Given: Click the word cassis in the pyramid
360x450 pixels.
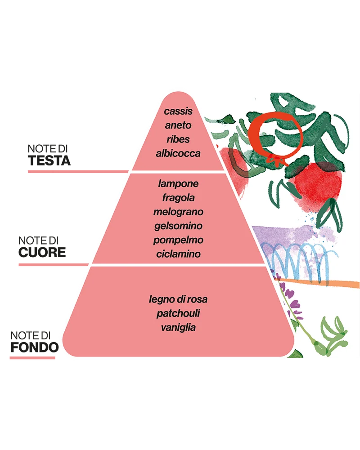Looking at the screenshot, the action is [x=178, y=111].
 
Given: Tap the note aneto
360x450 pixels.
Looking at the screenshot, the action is [x=178, y=125].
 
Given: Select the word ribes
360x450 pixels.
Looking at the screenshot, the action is [x=178, y=139].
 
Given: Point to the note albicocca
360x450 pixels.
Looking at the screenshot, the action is [x=178, y=153].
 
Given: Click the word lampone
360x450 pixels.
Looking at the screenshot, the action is [x=178, y=184].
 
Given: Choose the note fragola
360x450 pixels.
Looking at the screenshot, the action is [x=178, y=198].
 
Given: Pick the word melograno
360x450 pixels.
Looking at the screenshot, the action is [x=178, y=212].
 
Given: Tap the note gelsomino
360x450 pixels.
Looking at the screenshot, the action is [x=178, y=226].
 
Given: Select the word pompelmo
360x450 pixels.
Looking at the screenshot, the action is [x=178, y=240].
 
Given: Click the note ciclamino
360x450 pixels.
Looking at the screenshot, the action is [x=178, y=254].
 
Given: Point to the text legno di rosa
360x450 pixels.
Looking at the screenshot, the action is [x=178, y=299].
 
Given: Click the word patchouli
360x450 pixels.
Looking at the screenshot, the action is [x=178, y=313].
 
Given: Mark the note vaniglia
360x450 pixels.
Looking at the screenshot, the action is [x=178, y=327].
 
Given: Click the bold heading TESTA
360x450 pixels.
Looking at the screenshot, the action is [x=49, y=161].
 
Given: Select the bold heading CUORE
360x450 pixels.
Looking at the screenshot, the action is [x=42, y=253].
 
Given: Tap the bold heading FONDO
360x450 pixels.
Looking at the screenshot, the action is [x=35, y=348].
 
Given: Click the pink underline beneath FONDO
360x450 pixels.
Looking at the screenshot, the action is [x=32, y=358].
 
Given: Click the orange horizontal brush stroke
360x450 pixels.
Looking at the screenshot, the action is [x=318, y=282].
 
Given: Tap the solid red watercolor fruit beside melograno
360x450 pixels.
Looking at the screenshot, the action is [x=318, y=184].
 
